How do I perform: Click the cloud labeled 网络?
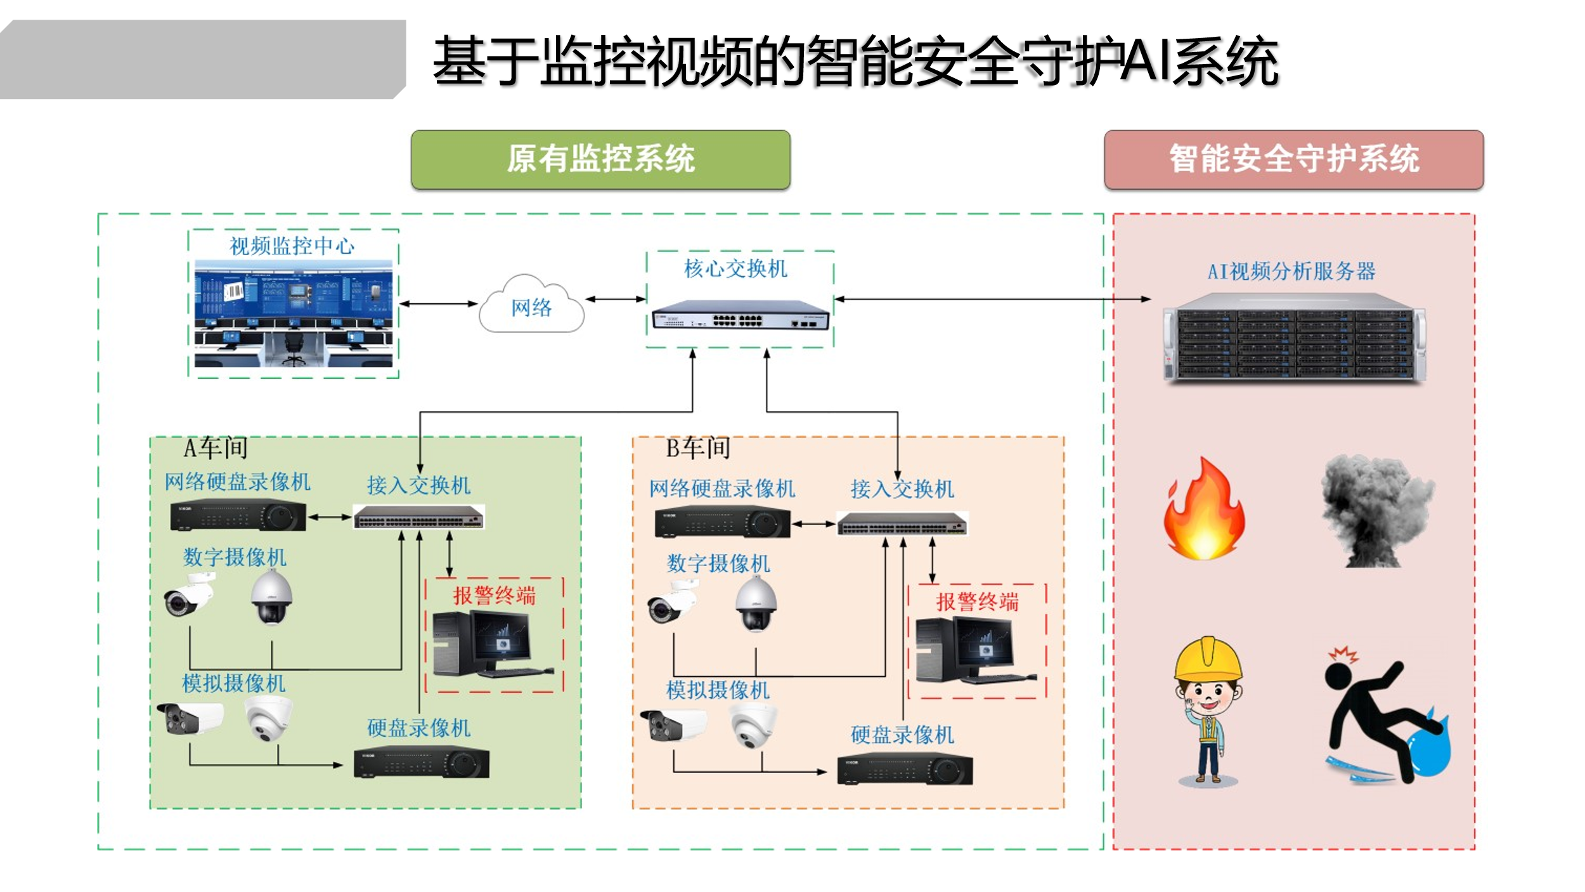[531, 305]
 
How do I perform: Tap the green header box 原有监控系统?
[600, 159]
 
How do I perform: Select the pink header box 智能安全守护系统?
[1293, 159]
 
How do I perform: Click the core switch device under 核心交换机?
[740, 315]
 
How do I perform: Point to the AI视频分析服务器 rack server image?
[1294, 337]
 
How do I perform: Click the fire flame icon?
[1204, 509]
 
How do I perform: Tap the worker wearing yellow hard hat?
[1208, 711]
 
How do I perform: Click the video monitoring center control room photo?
[293, 313]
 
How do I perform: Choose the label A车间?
[216, 449]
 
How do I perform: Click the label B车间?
[697, 449]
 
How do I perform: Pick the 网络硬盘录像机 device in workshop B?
[722, 522]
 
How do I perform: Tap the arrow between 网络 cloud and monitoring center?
[439, 304]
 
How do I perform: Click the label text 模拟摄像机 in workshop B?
[718, 690]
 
